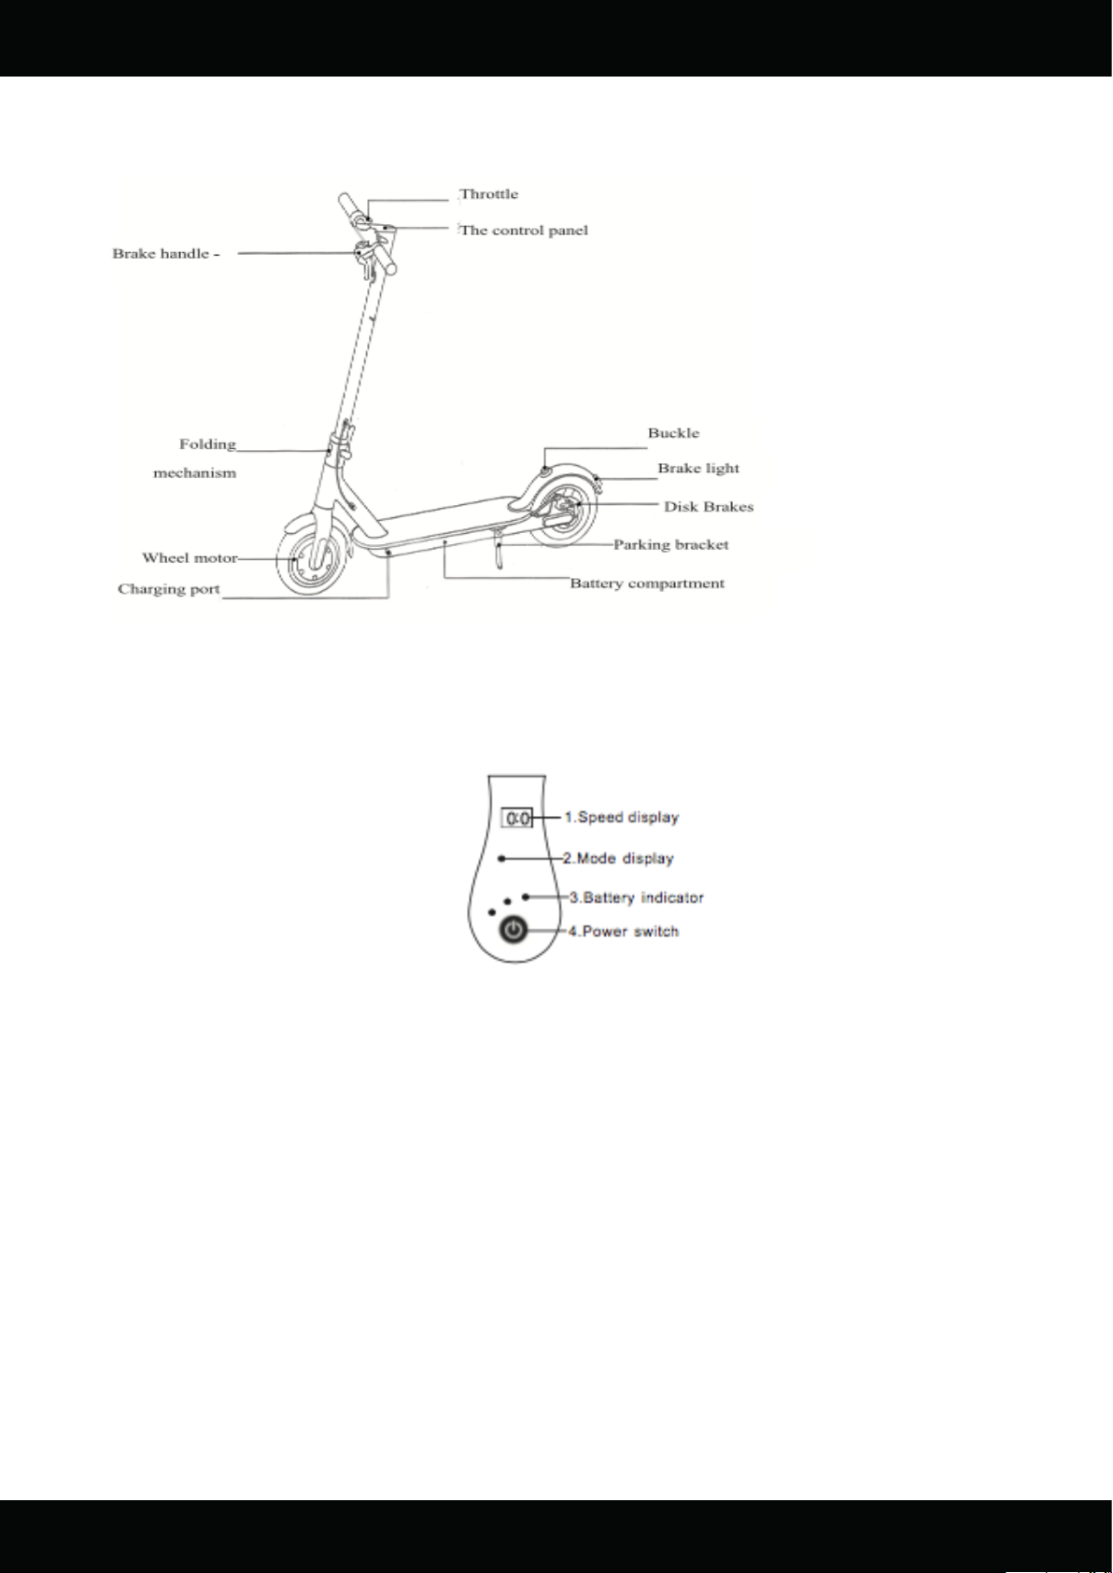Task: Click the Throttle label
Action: tap(488, 194)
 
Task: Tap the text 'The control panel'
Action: tap(524, 231)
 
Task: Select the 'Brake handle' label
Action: tap(162, 254)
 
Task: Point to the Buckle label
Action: tap(673, 432)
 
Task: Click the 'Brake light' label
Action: tap(698, 469)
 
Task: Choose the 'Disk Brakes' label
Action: tap(709, 506)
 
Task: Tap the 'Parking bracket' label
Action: tap(670, 545)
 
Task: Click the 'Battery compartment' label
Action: tap(647, 583)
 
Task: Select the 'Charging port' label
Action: tap(168, 589)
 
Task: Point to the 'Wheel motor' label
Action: tap(190, 558)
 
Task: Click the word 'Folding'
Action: tap(208, 444)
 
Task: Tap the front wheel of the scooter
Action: tap(312, 559)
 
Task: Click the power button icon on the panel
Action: tap(514, 931)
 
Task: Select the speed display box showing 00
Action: tap(517, 818)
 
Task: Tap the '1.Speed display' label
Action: tap(622, 818)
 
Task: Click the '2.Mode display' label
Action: tap(618, 858)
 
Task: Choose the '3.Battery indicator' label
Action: tap(636, 897)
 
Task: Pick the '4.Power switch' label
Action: tap(624, 932)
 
